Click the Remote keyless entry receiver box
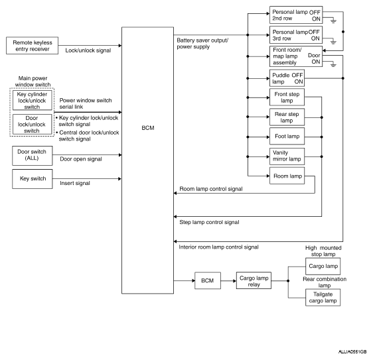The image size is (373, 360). click(x=32, y=45)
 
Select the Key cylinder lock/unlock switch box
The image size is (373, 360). click(x=32, y=100)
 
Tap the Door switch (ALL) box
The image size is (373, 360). click(x=33, y=156)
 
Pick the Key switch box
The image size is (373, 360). click(x=33, y=179)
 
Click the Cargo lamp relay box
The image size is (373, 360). click(x=254, y=280)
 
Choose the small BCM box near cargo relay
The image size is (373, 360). click(x=208, y=280)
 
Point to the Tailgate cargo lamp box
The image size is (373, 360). click(x=323, y=298)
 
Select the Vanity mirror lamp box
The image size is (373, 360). click(x=287, y=156)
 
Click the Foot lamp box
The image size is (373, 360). click(x=287, y=136)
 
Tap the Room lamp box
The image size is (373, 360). click(x=287, y=176)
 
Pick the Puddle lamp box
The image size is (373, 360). click(x=287, y=78)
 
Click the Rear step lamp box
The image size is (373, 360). click(x=287, y=117)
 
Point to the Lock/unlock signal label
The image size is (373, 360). click(x=88, y=50)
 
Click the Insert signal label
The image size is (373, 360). click(x=75, y=183)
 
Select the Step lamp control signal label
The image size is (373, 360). click(x=209, y=222)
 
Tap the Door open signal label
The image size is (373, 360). click(x=81, y=159)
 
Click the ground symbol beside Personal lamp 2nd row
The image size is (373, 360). click(x=334, y=21)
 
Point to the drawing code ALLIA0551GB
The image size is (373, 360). click(x=352, y=352)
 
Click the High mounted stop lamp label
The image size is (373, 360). click(x=323, y=251)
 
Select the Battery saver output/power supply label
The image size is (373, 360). click(x=202, y=44)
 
